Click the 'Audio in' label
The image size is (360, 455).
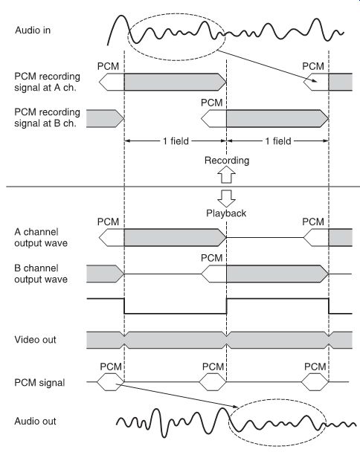pos(33,30)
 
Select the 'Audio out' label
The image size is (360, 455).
pos(35,421)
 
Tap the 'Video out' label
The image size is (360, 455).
pos(35,340)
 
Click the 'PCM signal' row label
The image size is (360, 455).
pos(39,383)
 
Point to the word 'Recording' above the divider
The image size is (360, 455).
pos(227,161)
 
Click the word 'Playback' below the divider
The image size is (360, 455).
pos(226,213)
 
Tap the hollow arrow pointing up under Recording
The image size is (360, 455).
pos(226,175)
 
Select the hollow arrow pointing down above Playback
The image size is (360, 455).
pos(226,199)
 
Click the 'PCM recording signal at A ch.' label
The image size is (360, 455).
pos(47,82)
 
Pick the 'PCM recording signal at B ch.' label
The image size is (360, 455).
pos(47,117)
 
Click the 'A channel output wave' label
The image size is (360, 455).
pos(41,237)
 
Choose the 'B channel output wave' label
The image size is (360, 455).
pos(41,274)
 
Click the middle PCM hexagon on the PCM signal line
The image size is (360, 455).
pos(213,382)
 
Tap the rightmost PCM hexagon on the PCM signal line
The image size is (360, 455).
pos(315,382)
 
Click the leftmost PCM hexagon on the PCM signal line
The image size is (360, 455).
pos(110,382)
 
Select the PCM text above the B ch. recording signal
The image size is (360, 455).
pos(212,103)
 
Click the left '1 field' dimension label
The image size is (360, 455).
pos(176,141)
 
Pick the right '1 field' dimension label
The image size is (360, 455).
pos(278,141)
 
